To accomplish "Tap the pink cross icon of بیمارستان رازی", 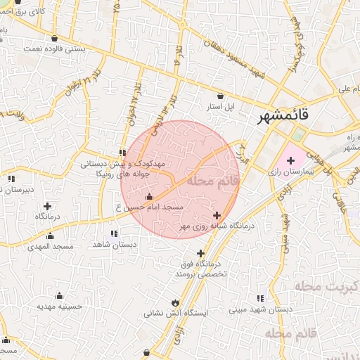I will coord(290,161).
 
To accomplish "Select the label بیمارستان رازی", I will coord(290,172).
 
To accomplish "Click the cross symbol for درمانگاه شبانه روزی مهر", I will coord(217,215).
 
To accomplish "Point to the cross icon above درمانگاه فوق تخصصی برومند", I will coord(201,253).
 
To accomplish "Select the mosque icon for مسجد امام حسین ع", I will coord(148,197).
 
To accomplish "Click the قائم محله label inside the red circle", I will coord(214,181).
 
